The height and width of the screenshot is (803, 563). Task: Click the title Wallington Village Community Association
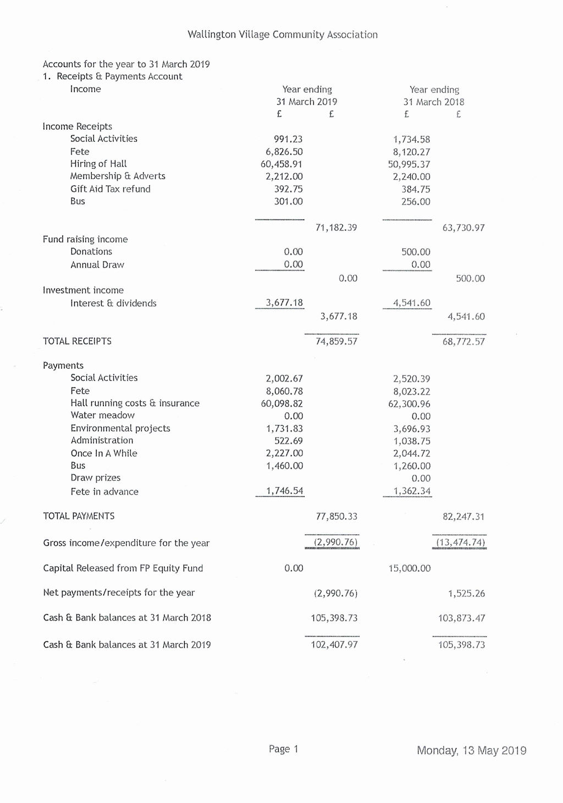point(282,35)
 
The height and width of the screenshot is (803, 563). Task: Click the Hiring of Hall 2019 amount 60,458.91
point(281,164)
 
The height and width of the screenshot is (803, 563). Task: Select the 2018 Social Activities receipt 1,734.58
point(411,140)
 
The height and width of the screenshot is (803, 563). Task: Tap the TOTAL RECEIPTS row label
point(77,341)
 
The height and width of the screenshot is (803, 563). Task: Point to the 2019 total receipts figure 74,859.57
point(336,341)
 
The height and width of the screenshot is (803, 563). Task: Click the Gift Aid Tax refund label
point(110,189)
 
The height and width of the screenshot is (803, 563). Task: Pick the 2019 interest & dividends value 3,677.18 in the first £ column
point(284,303)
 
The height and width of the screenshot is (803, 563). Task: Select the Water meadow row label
point(102,416)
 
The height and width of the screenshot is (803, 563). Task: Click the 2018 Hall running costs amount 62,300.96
point(409,404)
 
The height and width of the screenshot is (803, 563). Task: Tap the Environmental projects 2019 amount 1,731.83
point(284,429)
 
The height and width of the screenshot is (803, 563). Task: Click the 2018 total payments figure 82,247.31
point(463,517)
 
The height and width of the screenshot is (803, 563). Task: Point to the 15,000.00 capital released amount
point(409,568)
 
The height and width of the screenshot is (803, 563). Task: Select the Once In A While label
point(103,453)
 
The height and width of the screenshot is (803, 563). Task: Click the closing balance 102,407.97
point(334,645)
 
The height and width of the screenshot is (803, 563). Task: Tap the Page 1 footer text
point(283,749)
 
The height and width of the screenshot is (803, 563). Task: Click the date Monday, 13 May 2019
point(471,751)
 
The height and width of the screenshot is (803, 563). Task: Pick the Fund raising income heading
point(85,239)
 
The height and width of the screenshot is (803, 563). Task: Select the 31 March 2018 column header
point(433,102)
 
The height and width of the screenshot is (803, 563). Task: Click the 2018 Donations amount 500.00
point(416,252)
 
